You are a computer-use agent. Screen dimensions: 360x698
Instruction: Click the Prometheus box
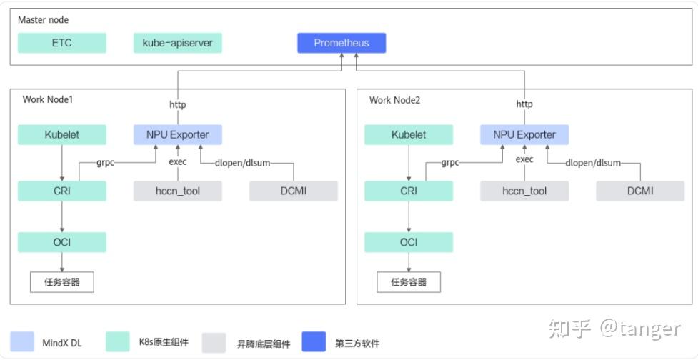(341, 43)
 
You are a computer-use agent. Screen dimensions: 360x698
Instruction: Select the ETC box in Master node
(62, 43)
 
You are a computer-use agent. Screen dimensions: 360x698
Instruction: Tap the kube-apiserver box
(177, 43)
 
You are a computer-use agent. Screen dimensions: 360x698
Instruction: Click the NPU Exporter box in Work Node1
(177, 134)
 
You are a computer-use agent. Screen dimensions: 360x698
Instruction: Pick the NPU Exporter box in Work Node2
(524, 134)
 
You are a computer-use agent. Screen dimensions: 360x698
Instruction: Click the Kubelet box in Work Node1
(62, 134)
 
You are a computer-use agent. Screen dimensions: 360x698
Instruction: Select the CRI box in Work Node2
(409, 191)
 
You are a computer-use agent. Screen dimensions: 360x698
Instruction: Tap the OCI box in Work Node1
(62, 242)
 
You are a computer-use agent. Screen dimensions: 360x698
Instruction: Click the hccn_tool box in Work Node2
(524, 191)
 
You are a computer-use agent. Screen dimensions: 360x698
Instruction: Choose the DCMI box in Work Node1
(293, 191)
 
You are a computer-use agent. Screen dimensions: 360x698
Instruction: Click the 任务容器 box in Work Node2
(409, 282)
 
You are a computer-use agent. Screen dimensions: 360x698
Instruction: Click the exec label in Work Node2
(524, 160)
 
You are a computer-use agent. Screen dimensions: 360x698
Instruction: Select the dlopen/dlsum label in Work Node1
(243, 163)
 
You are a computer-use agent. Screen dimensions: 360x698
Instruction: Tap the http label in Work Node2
(524, 104)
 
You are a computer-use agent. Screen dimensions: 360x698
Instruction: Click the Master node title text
(44, 20)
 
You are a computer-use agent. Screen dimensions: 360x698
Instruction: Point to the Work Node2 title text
(394, 100)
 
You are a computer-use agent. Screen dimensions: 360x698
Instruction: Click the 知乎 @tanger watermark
(614, 328)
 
